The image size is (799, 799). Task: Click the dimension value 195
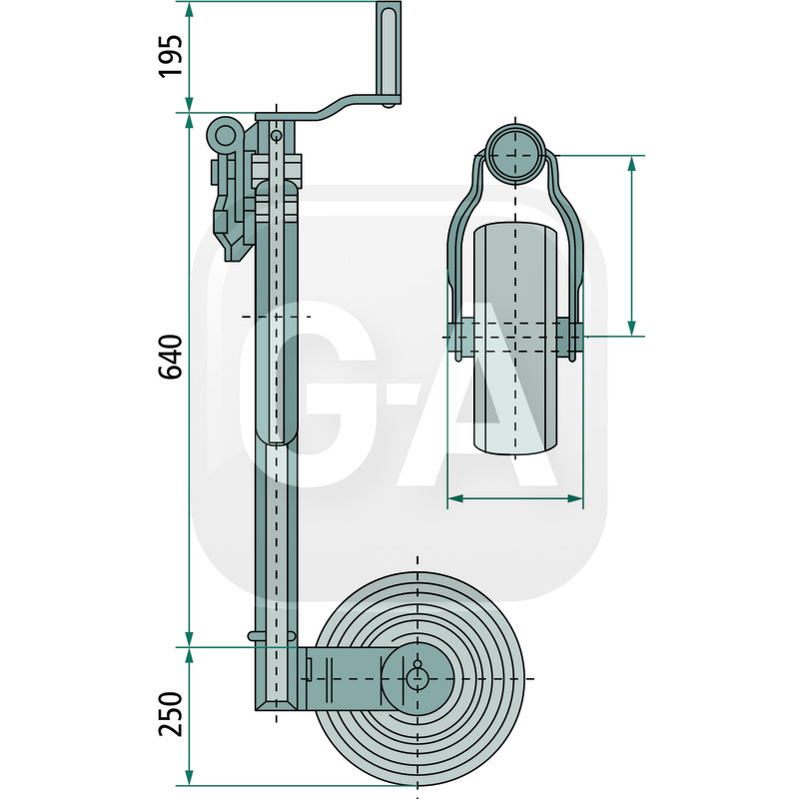click(x=171, y=56)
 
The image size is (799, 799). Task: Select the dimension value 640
click(x=171, y=357)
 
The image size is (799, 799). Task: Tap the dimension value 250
click(x=171, y=714)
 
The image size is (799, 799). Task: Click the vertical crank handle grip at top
click(x=389, y=52)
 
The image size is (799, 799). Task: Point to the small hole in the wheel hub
click(x=417, y=664)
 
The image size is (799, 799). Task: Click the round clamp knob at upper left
click(x=225, y=137)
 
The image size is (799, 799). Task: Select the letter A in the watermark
click(x=477, y=394)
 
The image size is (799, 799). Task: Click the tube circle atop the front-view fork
click(x=515, y=153)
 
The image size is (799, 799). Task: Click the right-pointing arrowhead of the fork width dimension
click(x=575, y=498)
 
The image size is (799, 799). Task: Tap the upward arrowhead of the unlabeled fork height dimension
click(x=632, y=164)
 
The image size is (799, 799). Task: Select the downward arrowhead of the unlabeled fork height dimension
click(x=632, y=329)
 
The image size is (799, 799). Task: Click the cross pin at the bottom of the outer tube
click(x=272, y=635)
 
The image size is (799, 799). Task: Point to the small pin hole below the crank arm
click(x=277, y=135)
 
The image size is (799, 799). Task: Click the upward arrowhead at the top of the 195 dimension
click(x=189, y=10)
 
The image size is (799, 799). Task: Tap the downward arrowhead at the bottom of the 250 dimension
click(x=189, y=778)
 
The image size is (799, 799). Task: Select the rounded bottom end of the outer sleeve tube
click(x=277, y=435)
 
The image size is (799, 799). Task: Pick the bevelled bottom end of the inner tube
click(x=277, y=704)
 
